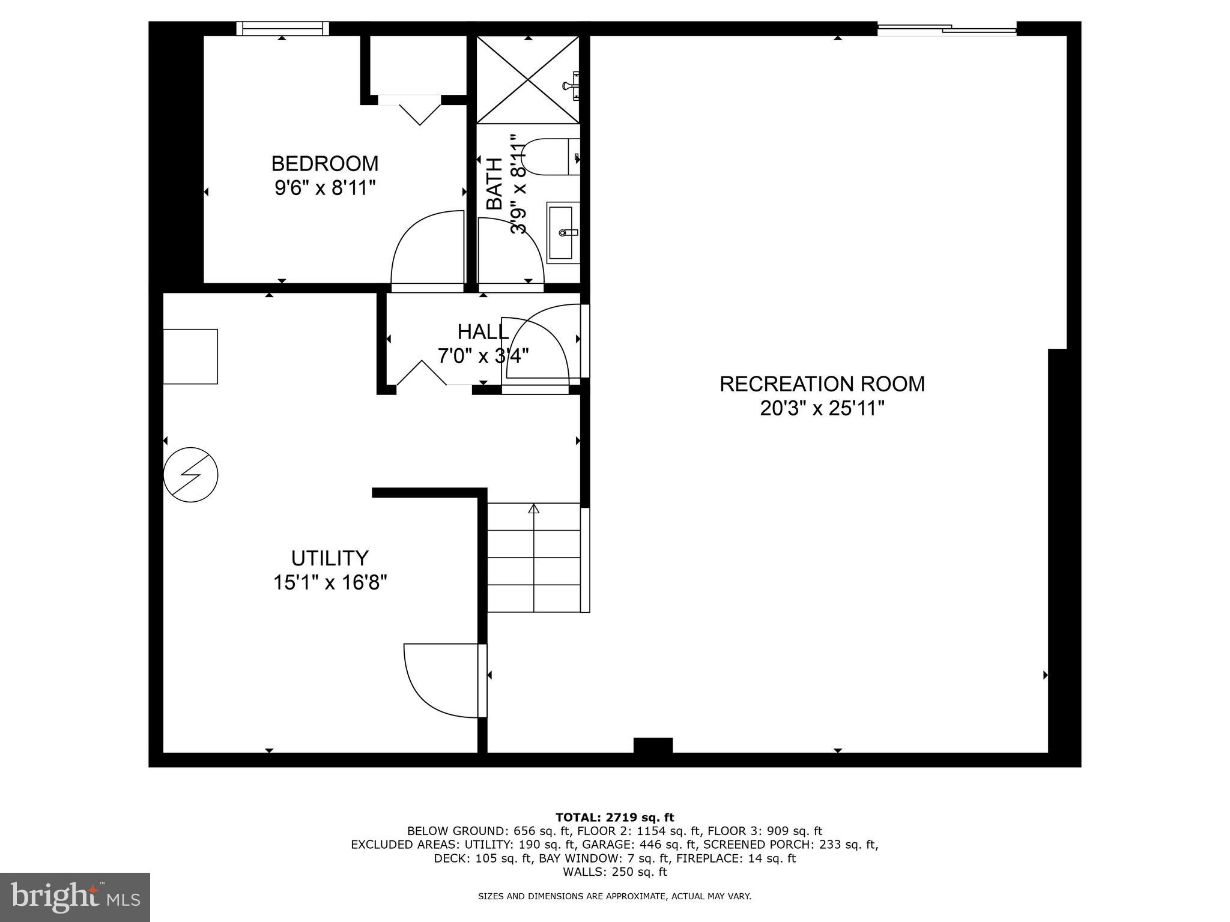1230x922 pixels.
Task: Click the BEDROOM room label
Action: (325, 163)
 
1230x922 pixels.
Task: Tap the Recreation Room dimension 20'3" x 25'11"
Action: (822, 409)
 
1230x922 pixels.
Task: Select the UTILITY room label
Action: (329, 558)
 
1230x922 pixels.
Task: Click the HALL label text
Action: (483, 331)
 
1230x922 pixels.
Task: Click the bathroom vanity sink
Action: (563, 232)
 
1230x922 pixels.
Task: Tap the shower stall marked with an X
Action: (528, 80)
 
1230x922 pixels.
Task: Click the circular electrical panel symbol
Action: (190, 474)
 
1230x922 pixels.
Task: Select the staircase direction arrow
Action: (533, 509)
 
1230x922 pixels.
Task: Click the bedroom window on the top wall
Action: (282, 28)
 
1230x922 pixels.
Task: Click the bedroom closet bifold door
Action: (419, 111)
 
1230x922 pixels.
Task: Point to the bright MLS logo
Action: (75, 897)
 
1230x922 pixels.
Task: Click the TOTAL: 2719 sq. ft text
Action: (614, 818)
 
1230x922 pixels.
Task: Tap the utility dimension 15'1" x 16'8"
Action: (330, 582)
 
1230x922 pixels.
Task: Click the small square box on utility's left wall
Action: (191, 356)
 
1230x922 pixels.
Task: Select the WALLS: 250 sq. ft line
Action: (614, 872)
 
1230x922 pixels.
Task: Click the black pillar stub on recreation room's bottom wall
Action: (653, 745)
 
